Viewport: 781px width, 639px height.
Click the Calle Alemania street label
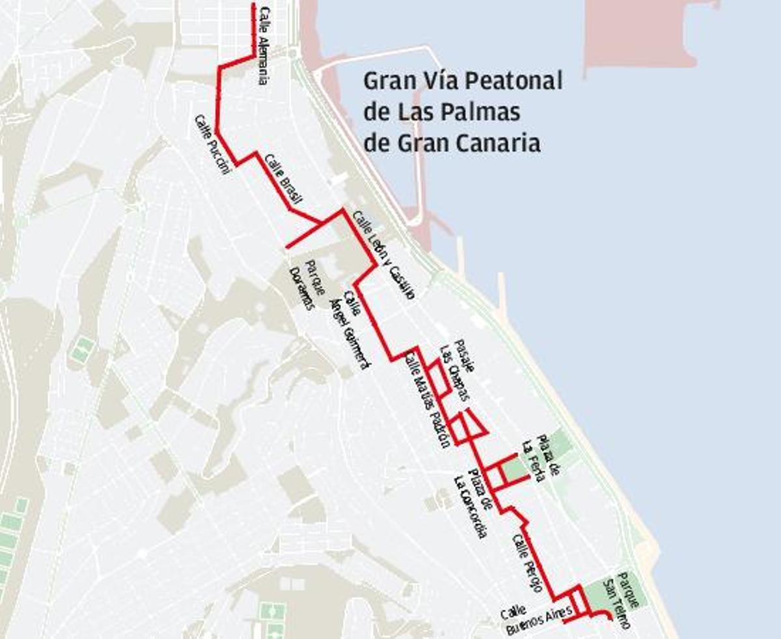264,46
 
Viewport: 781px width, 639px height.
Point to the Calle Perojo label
527,563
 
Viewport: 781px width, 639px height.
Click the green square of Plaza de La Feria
514,470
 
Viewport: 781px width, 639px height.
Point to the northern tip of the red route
254,5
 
